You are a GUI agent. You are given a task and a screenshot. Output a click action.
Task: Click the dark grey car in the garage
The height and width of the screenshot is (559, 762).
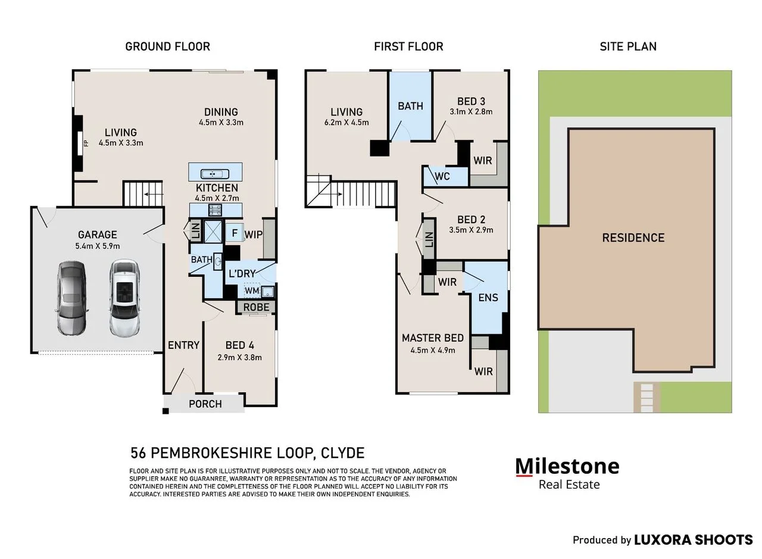click(x=72, y=298)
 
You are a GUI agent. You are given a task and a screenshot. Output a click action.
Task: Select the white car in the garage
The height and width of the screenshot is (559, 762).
click(x=125, y=298)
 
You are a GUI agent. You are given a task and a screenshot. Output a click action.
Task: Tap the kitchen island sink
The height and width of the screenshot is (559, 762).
click(x=213, y=174)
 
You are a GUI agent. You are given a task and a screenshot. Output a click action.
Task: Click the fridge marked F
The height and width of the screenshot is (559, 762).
click(x=235, y=233)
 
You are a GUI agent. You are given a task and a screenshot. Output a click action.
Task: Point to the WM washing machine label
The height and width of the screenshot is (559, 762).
click(x=252, y=291)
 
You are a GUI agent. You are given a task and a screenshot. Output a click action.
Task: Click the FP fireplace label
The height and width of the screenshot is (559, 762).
click(x=86, y=143)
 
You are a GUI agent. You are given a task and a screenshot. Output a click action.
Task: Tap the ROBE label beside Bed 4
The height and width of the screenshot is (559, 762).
click(x=256, y=307)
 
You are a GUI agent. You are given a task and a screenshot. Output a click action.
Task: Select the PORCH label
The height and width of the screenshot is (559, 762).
click(x=205, y=404)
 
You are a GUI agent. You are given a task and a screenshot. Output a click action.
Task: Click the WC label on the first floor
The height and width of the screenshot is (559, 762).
click(x=442, y=176)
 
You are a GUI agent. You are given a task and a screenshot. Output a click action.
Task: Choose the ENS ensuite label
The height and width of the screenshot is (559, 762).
click(x=488, y=298)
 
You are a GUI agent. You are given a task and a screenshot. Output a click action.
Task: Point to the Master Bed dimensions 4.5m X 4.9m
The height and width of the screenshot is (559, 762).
click(x=433, y=350)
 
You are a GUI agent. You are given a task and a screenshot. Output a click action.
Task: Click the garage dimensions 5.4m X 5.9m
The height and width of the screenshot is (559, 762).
click(x=98, y=246)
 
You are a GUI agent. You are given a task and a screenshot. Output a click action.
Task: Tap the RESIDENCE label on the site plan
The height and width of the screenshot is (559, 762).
click(x=633, y=238)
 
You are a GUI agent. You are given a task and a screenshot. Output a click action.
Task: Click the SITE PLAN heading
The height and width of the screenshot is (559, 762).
click(x=628, y=46)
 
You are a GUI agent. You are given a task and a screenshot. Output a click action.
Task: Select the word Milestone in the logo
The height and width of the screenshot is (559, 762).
click(x=567, y=467)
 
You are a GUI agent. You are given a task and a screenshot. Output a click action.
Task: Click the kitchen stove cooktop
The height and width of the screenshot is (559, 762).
click(x=215, y=210)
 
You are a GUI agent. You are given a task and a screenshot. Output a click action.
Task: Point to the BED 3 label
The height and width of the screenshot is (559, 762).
click(x=471, y=101)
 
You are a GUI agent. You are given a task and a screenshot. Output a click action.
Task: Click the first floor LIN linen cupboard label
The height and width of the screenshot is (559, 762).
click(x=429, y=239)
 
